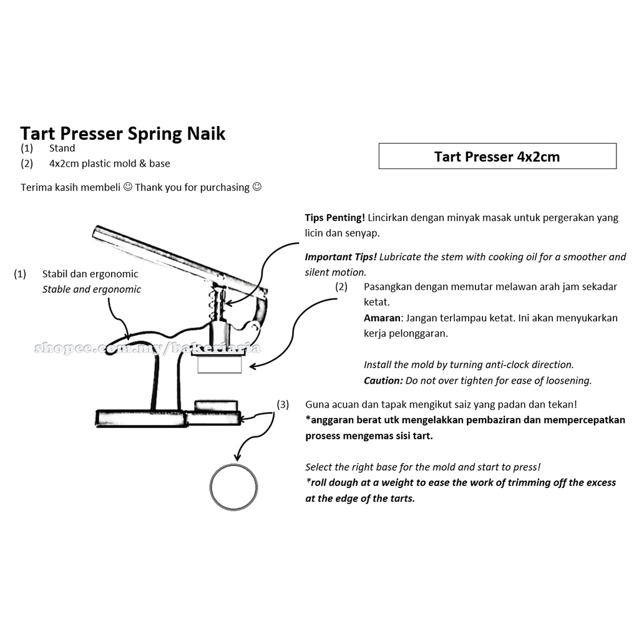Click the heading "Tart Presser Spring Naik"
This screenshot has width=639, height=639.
pos(123,134)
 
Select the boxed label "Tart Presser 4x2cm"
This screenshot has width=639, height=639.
pos(497,157)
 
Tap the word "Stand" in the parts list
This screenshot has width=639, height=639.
pos(62,149)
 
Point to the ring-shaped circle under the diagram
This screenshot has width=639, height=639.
pos(234,487)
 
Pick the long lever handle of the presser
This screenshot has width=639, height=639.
pos(175,258)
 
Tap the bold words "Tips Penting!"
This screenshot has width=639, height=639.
pos(334,218)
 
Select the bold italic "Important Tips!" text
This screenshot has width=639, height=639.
pos(340,257)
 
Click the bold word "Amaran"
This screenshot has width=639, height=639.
pos(381,318)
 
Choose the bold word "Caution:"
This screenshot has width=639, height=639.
pos(383,380)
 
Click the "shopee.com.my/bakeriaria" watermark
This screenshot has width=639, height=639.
pos(147,348)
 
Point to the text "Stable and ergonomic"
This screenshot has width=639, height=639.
pos(92,290)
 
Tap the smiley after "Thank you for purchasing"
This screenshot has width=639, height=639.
pos(256,187)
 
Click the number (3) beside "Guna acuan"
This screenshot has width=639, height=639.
pos(283,404)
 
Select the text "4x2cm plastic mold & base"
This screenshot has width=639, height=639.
pos(109,163)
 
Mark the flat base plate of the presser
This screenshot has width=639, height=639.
pos(140,417)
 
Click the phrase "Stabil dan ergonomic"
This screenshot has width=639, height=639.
pos(90,274)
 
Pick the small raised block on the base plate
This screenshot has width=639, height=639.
pos(216,406)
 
